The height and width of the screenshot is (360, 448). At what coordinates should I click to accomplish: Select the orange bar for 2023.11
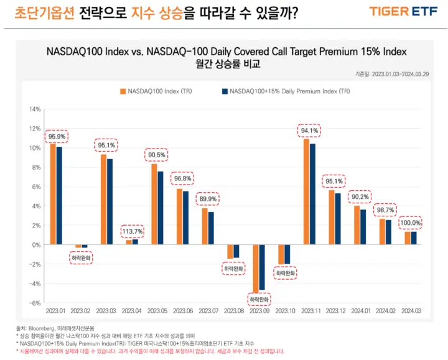tap(306, 192)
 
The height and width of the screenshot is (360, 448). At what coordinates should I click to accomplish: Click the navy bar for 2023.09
tap(262, 267)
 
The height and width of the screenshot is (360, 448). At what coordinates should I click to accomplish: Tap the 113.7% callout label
tap(133, 232)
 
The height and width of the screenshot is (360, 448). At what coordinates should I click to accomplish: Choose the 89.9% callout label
tap(208, 199)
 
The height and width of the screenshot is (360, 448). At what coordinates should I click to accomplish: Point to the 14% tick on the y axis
tap(34, 109)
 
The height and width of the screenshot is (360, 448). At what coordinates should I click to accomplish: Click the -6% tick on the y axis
tap(34, 303)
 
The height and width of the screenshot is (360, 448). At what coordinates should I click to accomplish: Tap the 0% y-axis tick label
tap(36, 245)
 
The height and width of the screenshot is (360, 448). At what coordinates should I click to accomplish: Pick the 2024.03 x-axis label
tap(411, 310)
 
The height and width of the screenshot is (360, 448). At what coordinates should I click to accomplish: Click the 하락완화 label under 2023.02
tap(82, 256)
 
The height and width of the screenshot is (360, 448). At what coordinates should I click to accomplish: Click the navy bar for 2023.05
tap(161, 208)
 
